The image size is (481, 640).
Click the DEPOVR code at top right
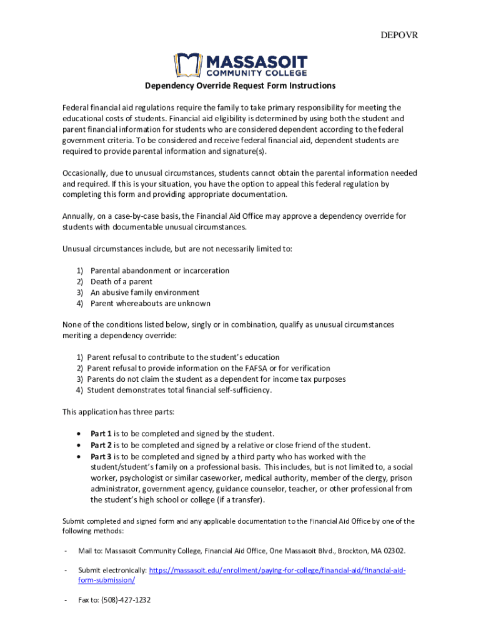click(x=399, y=35)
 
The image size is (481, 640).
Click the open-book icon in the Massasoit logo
click(x=186, y=64)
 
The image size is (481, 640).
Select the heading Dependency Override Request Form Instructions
click(x=241, y=86)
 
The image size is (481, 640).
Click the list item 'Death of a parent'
click(x=121, y=282)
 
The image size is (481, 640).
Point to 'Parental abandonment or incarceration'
click(x=160, y=271)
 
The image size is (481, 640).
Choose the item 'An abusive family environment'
click(x=145, y=292)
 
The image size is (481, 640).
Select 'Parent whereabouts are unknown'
click(x=151, y=304)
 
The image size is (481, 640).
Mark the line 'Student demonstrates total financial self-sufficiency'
click(x=179, y=391)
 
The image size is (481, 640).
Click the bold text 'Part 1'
click(x=101, y=434)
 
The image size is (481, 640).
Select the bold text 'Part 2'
click(x=101, y=445)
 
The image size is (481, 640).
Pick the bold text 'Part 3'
click(x=101, y=456)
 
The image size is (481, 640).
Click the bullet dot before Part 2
click(x=77, y=445)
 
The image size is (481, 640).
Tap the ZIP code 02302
click(x=392, y=551)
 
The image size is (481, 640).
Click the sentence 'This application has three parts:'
click(x=119, y=412)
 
